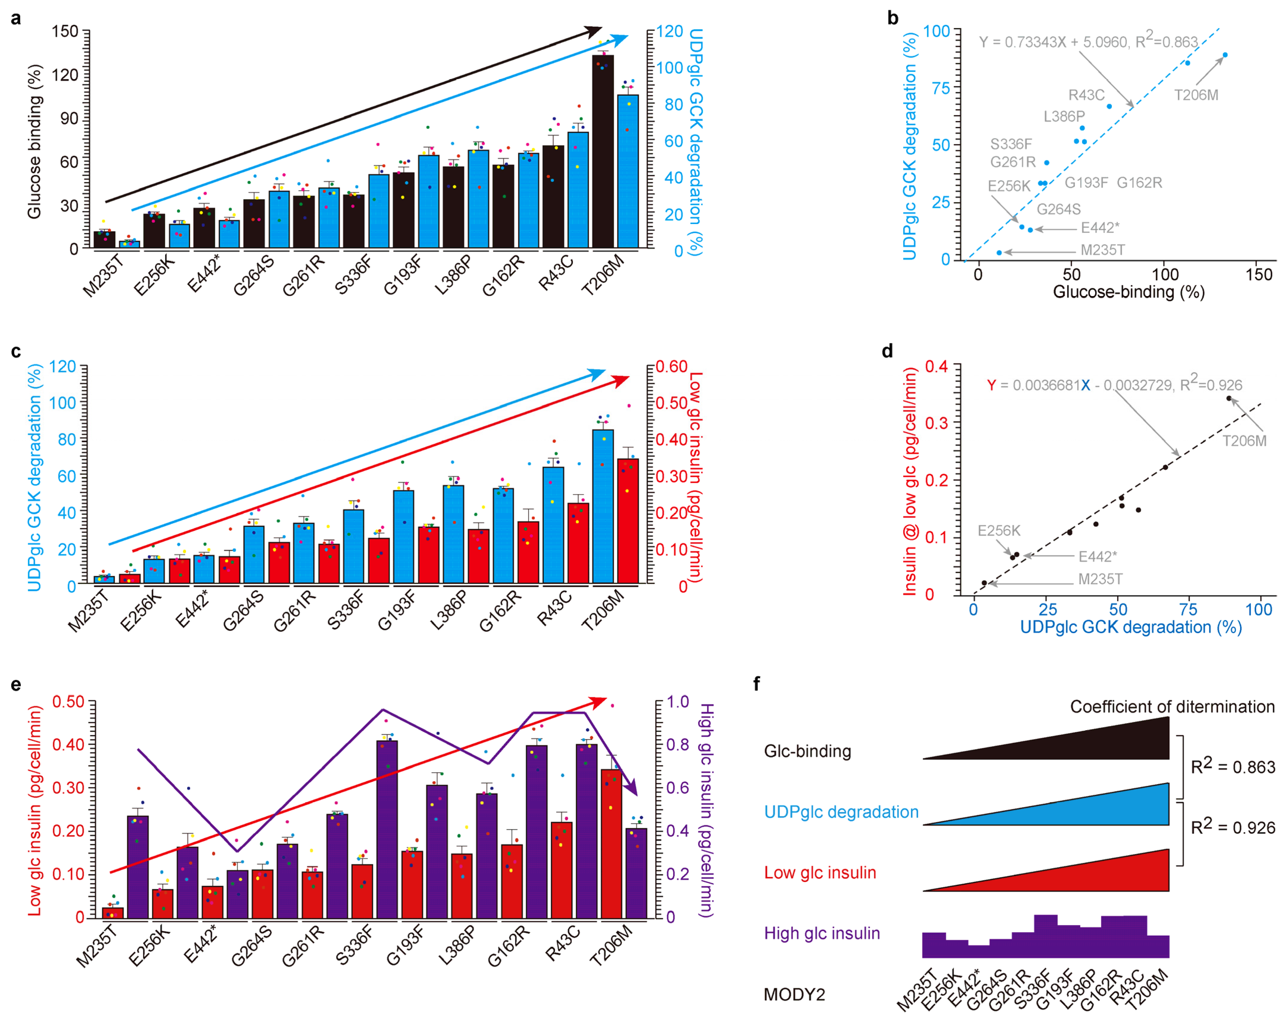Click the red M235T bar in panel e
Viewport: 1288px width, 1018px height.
click(x=113, y=913)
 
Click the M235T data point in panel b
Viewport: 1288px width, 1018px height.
click(x=999, y=253)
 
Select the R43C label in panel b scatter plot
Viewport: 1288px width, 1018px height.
click(x=1086, y=95)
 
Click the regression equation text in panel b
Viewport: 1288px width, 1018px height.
click(x=1088, y=42)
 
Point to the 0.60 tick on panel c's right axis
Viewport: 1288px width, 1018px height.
click(x=672, y=366)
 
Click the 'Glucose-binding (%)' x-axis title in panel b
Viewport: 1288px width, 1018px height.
click(x=1128, y=292)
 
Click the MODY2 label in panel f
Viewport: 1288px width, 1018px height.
click(x=794, y=995)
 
